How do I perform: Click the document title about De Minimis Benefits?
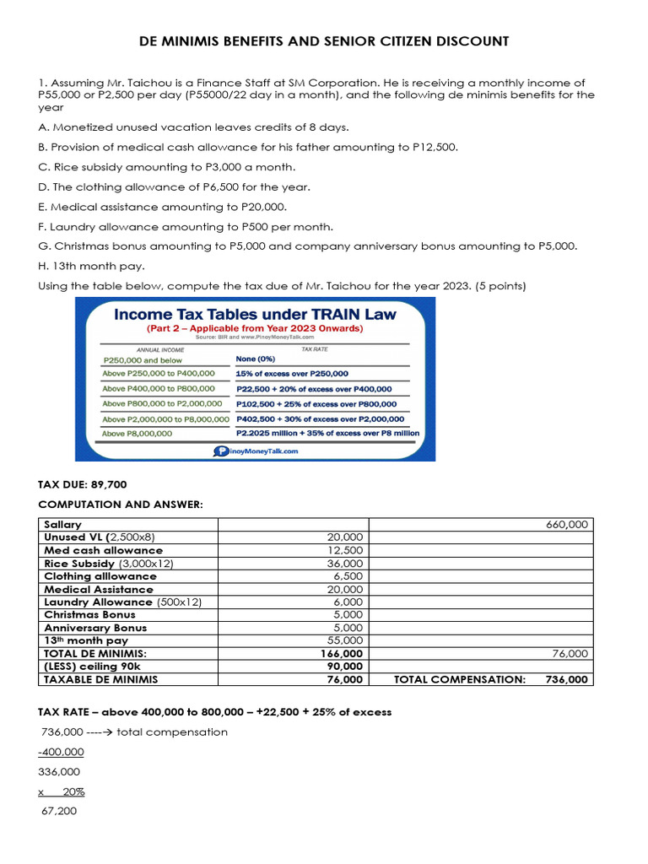point(324,41)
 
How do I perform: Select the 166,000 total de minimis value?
point(343,654)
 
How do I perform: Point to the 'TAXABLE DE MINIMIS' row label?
point(100,679)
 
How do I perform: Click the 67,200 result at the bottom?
point(58,811)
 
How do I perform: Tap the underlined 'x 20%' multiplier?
point(62,791)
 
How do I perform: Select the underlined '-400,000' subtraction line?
point(61,752)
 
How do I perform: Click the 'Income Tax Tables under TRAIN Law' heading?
point(255,314)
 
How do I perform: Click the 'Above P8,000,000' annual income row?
point(138,434)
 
